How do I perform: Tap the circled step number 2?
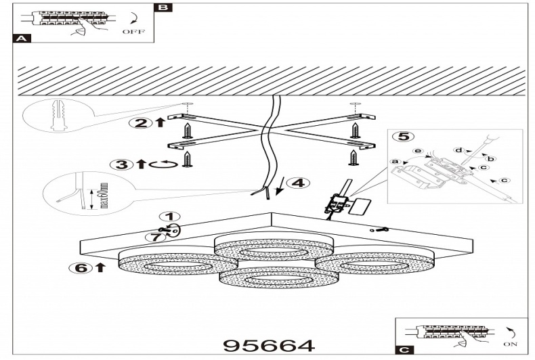coord(140,122)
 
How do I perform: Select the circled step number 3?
coord(123,164)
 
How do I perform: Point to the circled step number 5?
coord(402,136)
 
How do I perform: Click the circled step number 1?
coord(165,217)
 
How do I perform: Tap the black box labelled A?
coord(22,39)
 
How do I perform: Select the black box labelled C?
coord(404,350)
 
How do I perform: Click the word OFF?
coord(133,32)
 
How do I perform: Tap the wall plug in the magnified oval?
coord(59,114)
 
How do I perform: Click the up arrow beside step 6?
coord(101,267)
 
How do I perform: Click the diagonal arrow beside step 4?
coord(277,184)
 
